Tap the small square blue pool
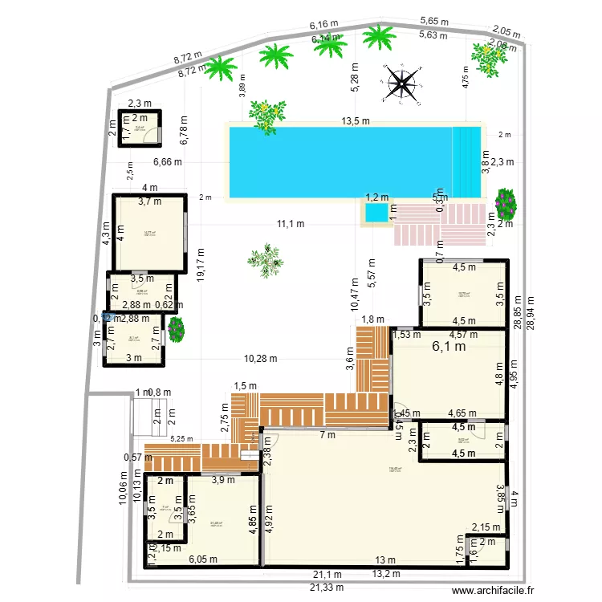(x=376, y=213)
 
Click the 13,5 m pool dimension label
(x=355, y=122)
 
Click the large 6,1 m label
(x=449, y=348)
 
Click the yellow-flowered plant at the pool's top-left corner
(x=264, y=114)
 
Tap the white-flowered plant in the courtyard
(x=265, y=260)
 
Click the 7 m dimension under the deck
(x=327, y=435)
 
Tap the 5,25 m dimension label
(x=182, y=439)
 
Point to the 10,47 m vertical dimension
(x=354, y=294)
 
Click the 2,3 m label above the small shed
(x=140, y=103)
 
